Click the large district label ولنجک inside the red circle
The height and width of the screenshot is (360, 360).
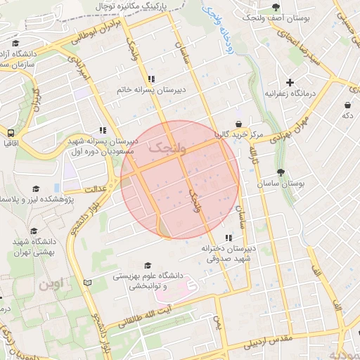point(167,147)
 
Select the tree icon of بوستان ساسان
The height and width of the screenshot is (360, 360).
point(281,172)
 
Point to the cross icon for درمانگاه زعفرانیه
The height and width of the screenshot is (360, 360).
point(290,82)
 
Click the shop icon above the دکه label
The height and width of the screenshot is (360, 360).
point(347,105)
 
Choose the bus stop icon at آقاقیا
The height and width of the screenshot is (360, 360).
point(11,132)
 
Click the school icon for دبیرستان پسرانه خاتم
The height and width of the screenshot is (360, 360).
point(150,79)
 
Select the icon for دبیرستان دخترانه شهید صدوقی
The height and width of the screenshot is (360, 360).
point(227,238)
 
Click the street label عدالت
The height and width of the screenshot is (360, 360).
point(94,189)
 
